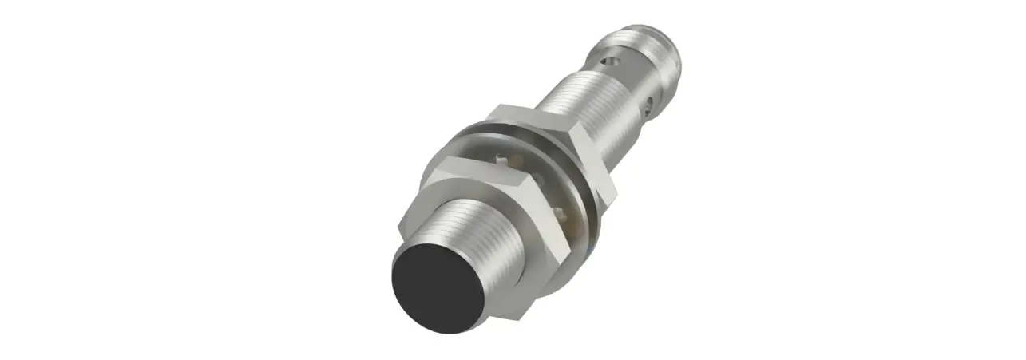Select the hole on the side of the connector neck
pos(655,102)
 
